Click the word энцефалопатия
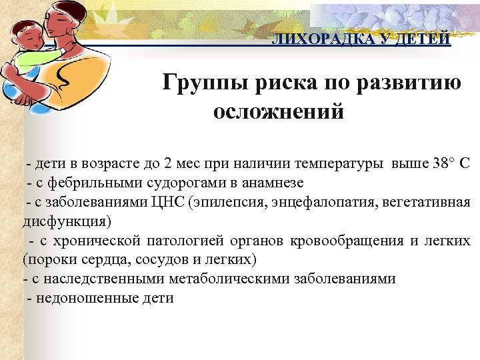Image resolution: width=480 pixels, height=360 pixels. (316, 201)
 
